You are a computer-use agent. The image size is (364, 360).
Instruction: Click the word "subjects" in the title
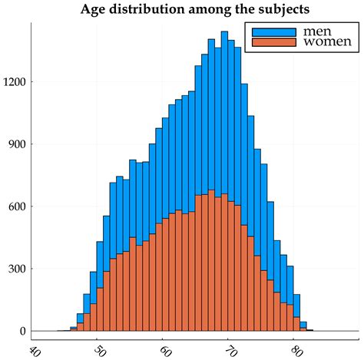(270, 10)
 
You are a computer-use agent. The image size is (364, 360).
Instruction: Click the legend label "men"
(318, 30)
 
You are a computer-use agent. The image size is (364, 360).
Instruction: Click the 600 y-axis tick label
(18, 206)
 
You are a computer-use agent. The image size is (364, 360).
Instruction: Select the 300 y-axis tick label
(18, 269)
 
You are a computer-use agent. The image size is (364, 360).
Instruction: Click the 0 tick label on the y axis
(23, 331)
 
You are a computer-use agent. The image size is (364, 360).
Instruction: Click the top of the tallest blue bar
(224, 32)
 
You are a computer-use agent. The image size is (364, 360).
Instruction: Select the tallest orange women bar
(211, 261)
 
